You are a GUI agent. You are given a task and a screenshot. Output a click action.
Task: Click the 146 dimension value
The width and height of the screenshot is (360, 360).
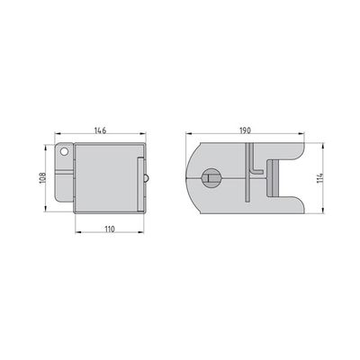[x=100, y=130]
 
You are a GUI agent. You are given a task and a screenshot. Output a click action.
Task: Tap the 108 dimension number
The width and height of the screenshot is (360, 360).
[x=42, y=178]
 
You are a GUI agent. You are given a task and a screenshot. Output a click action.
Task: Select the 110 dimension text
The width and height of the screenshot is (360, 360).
[x=110, y=229]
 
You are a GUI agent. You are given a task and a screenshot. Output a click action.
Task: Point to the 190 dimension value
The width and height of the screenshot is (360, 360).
[x=245, y=130]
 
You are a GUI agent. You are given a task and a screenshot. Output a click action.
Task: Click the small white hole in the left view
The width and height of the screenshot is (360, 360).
[x=64, y=151]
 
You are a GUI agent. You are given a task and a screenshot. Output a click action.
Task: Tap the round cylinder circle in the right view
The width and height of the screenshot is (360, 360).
[x=211, y=178]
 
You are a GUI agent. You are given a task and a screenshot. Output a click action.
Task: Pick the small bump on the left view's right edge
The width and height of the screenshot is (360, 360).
[x=146, y=178]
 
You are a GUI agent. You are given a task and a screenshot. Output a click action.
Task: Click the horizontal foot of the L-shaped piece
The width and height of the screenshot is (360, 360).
[x=257, y=172]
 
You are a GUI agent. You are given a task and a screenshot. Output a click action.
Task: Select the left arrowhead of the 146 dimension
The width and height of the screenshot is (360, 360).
[x=58, y=134]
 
